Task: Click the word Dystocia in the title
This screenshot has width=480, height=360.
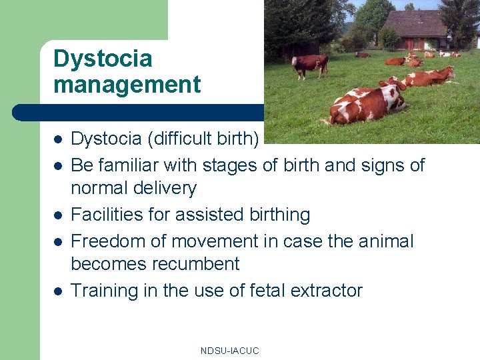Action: coord(103,59)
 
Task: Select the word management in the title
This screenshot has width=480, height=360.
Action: coord(127,85)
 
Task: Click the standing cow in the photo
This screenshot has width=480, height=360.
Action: coord(309,65)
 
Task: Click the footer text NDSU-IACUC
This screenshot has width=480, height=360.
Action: coord(229,351)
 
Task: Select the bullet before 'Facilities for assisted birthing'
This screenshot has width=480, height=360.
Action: coord(58,215)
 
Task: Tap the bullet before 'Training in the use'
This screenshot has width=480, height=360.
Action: coord(58,291)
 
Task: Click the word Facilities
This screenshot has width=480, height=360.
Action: coord(101,215)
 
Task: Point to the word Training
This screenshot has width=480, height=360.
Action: coord(102,291)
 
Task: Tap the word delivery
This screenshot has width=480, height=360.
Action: coord(167,189)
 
